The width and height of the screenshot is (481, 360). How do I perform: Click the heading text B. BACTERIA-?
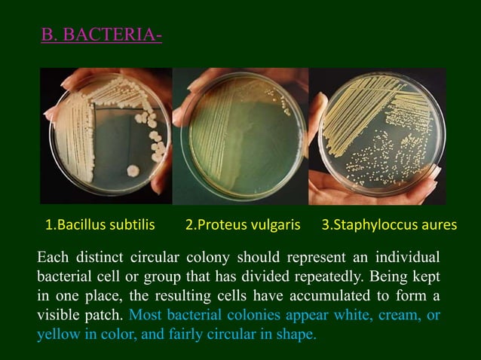101,35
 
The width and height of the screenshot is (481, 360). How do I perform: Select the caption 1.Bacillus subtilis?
100,224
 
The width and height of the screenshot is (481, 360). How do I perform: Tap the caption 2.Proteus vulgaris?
243,224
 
